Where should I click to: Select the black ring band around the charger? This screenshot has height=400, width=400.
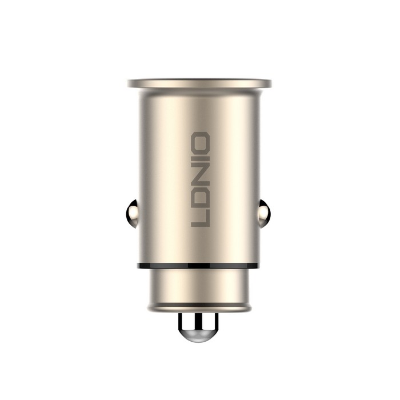point(171,266)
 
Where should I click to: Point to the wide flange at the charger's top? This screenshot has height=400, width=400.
point(200,83)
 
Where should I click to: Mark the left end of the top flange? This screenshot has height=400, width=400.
point(130,83)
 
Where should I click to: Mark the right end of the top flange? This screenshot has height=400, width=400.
point(270,83)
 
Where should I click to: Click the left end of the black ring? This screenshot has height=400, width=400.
point(138,265)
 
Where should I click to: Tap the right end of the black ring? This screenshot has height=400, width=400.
point(261,265)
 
